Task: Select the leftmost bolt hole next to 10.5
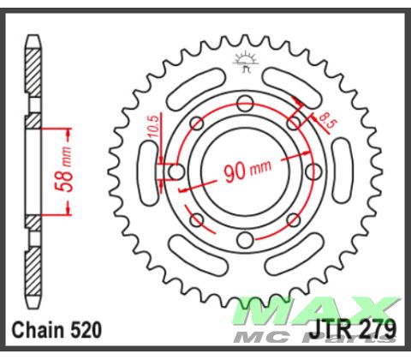(176, 172)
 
